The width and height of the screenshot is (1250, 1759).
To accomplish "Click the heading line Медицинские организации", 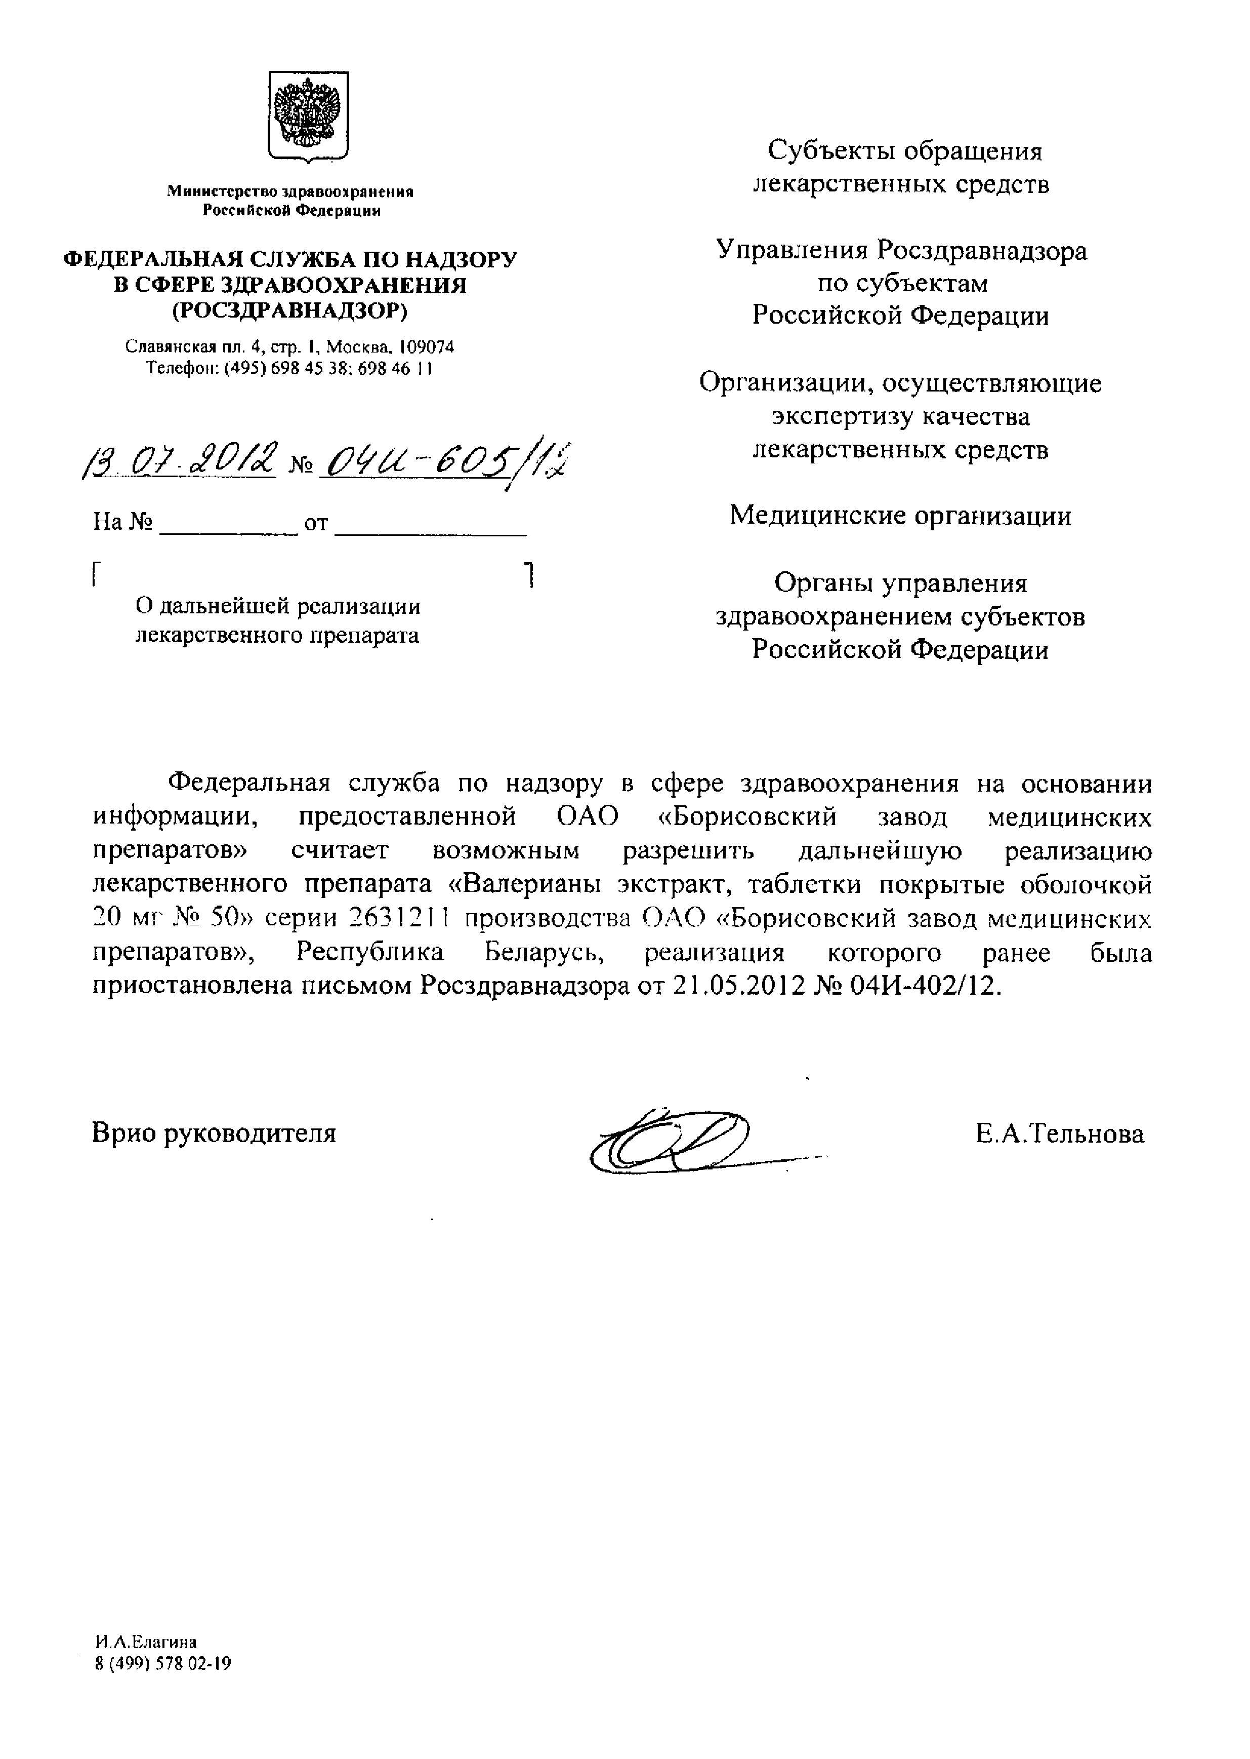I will tap(900, 515).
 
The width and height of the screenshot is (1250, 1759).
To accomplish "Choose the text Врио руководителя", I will tap(214, 1133).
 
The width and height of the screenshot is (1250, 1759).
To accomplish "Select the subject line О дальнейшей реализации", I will tap(278, 607).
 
